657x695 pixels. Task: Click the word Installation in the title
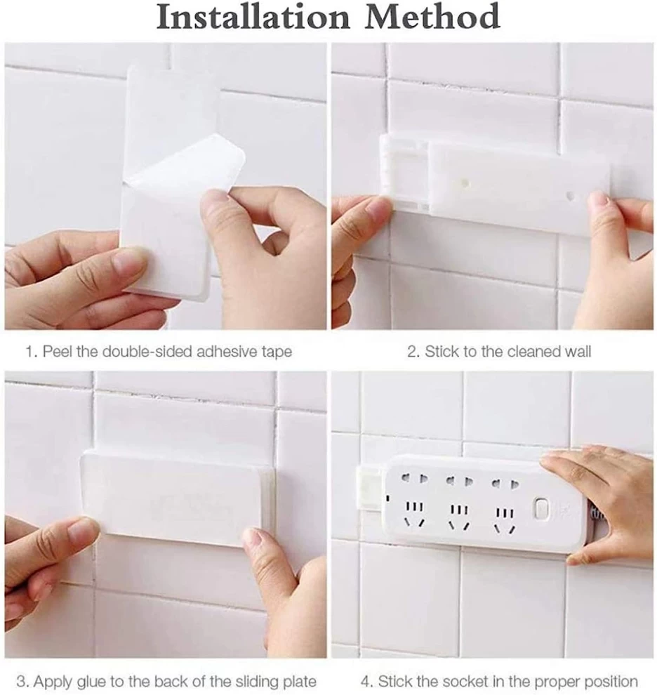tap(253, 18)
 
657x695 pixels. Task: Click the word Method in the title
tap(432, 18)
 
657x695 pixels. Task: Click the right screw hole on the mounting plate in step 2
tap(571, 195)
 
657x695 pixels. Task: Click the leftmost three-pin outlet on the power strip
tap(414, 515)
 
